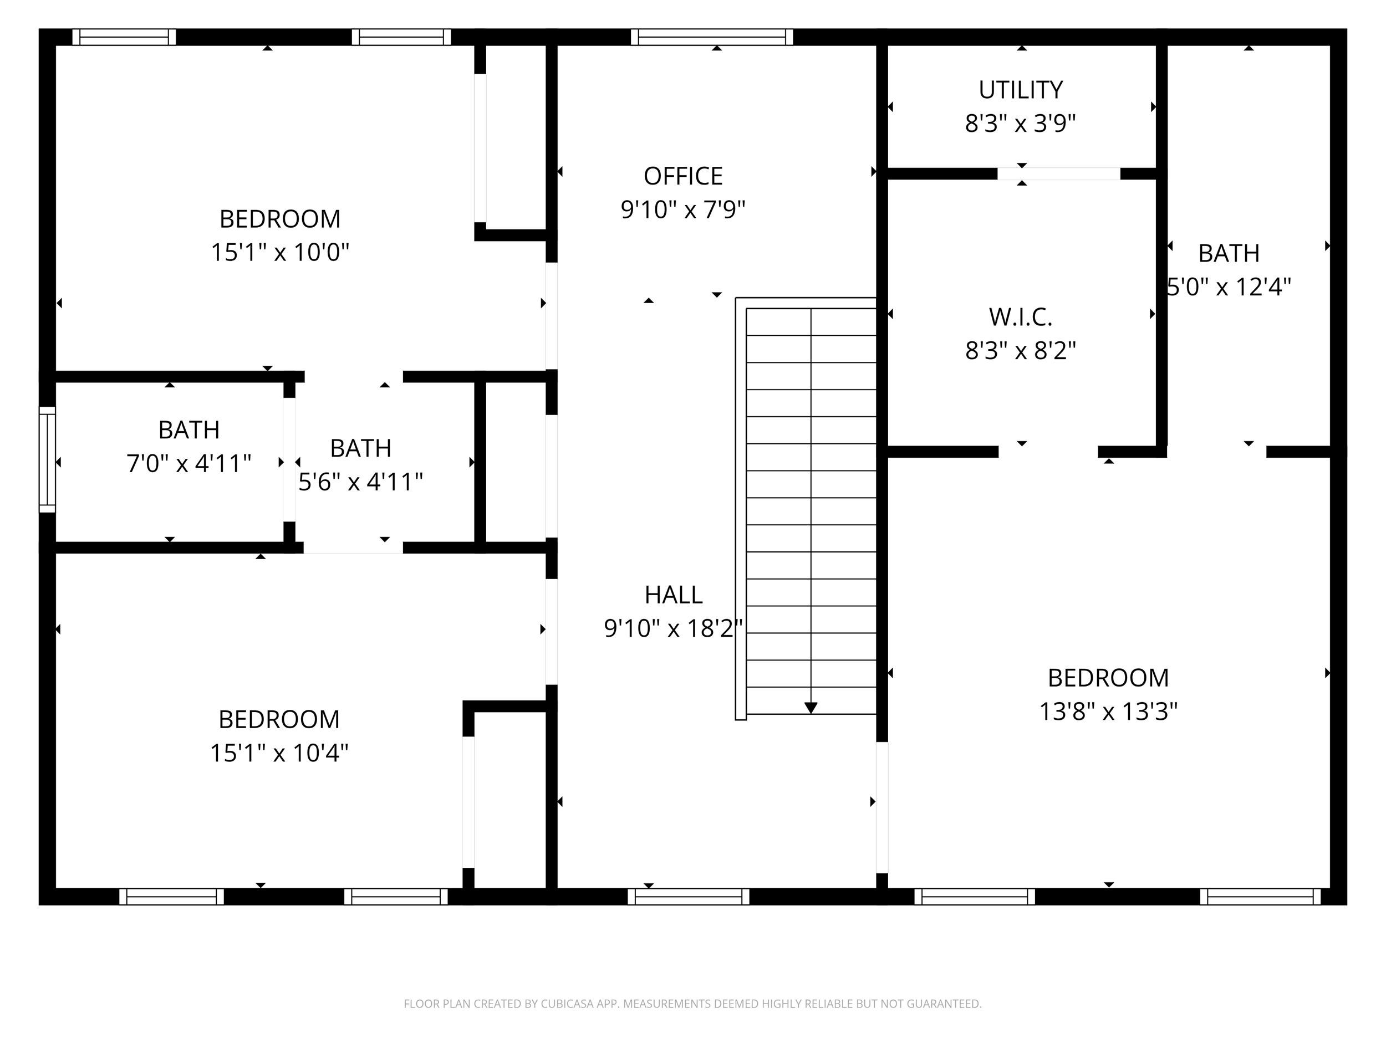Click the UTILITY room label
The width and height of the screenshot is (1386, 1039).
pos(1021,90)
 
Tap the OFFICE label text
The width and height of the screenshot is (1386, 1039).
pos(683,177)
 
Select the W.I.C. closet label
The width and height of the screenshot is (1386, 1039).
pos(1021,318)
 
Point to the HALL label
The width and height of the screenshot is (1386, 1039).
pos(674,595)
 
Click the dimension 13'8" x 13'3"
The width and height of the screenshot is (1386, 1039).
pos(1108,712)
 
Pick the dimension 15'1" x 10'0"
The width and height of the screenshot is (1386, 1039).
pos(279,252)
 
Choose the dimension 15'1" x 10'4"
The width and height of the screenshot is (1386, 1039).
pos(279,753)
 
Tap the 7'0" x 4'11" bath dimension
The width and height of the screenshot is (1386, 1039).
pos(188,464)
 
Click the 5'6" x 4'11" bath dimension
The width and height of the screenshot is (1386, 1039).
pos(360,482)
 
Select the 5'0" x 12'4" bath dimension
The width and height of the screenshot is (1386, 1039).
pos(1229,287)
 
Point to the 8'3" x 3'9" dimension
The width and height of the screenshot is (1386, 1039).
pos(1020,124)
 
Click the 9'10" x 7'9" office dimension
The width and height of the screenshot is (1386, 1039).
pos(683,210)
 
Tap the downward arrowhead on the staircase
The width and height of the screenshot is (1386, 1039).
pos(811,708)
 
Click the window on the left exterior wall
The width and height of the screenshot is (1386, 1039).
pos(48,460)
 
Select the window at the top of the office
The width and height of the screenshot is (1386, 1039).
pos(712,38)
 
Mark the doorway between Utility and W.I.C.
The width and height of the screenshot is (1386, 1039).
pos(1059,174)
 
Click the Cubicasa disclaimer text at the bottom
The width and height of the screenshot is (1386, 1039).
pos(692,1004)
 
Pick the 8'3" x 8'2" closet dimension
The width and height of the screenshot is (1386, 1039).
pos(1020,351)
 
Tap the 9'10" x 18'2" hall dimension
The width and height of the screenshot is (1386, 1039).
pos(674,628)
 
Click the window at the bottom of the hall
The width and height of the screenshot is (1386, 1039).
pos(689,897)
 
